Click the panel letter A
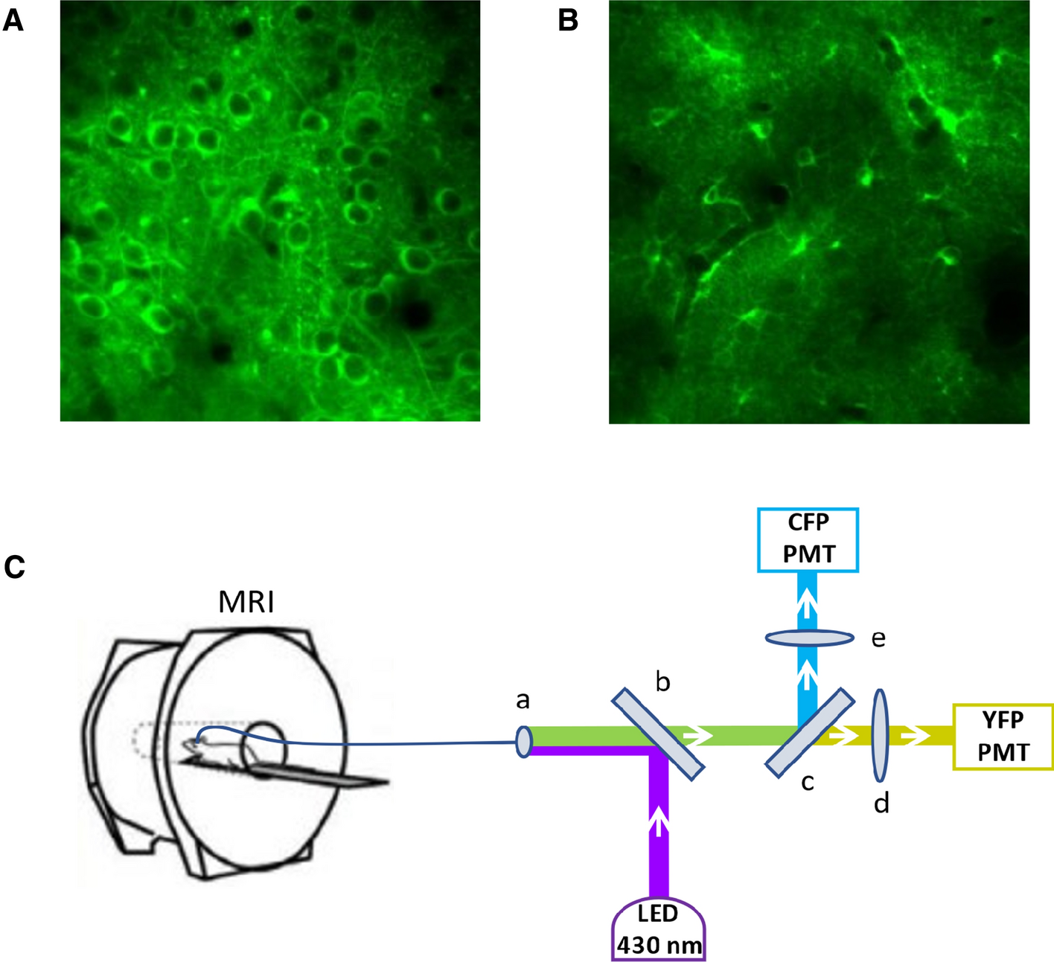pos(13,21)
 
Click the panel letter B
pos(568,21)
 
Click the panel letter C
pos(14,567)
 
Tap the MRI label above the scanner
pos(246,601)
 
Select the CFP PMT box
pos(808,539)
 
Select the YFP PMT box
pos(1003,736)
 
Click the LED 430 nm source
pos(658,929)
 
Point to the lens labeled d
pos(881,735)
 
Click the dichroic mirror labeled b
pos(657,733)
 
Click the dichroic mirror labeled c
pos(810,732)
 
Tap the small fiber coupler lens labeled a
pos(524,742)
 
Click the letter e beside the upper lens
pos(878,638)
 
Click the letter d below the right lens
pos(881,803)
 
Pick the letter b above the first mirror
pos(662,682)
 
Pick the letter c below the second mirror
pos(808,782)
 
